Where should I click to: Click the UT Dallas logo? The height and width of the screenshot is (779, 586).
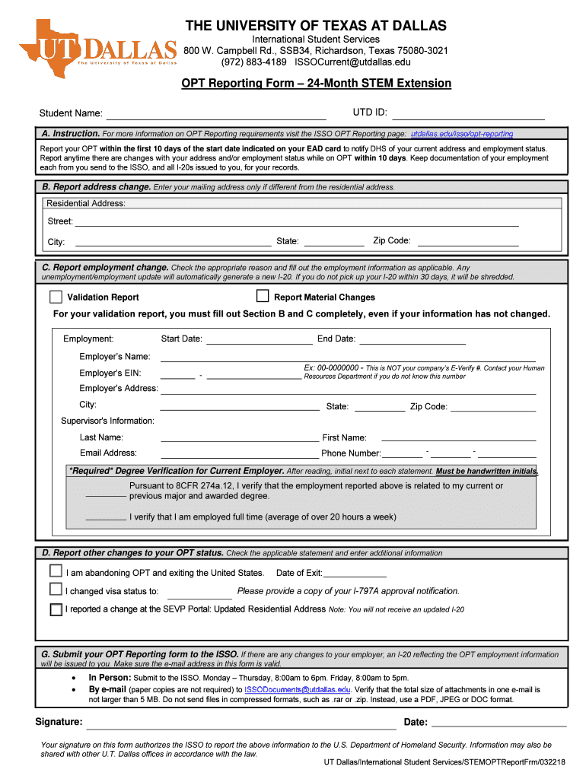(x=97, y=49)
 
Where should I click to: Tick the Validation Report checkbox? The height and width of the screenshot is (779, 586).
(x=56, y=297)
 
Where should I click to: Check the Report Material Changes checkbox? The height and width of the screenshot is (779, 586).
(x=263, y=296)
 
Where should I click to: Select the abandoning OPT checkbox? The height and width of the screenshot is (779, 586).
(x=56, y=571)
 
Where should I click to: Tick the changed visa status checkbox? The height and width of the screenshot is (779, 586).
(x=56, y=590)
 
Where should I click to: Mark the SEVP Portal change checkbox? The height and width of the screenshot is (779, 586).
(x=56, y=609)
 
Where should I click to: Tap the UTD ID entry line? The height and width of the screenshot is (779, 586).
(x=468, y=117)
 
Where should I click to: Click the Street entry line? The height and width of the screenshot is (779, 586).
(x=296, y=224)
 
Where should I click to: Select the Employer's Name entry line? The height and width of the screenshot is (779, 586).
(x=348, y=358)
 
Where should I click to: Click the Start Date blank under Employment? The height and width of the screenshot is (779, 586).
(x=259, y=342)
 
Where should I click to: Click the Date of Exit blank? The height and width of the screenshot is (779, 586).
(x=355, y=576)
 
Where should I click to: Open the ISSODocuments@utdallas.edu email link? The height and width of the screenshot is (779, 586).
(x=297, y=689)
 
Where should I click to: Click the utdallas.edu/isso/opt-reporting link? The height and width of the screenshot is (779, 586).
(x=462, y=133)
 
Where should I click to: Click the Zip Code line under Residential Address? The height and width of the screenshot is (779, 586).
(x=468, y=244)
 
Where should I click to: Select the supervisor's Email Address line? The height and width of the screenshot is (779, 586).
(x=240, y=456)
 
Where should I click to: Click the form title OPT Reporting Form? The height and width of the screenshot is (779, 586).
(x=316, y=83)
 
